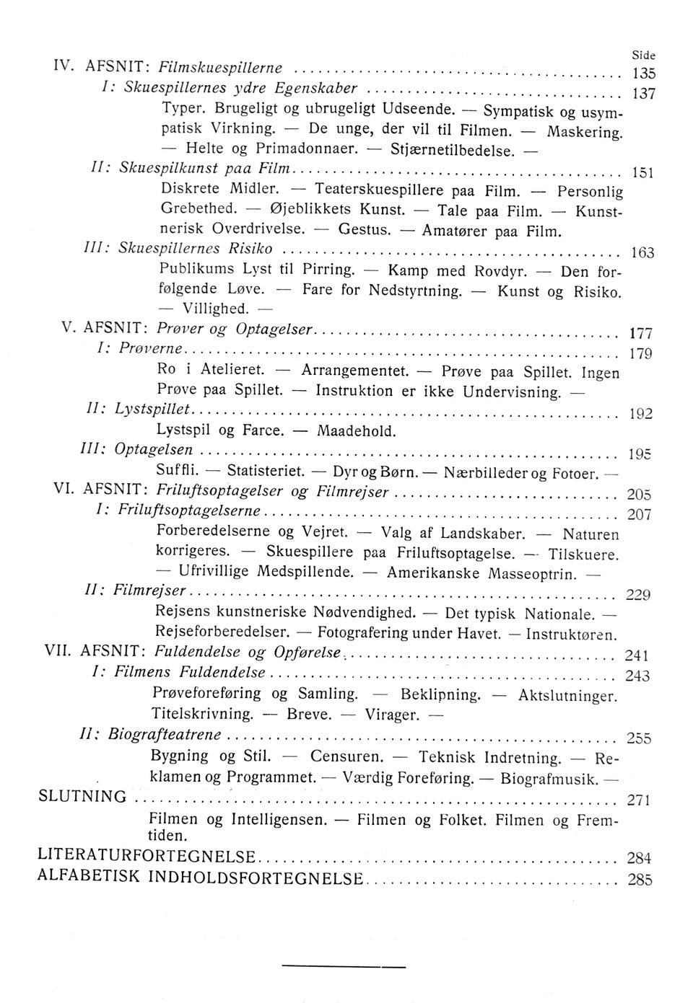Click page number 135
(x=642, y=72)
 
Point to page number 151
(x=642, y=172)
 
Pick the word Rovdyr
(x=500, y=272)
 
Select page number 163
(x=642, y=252)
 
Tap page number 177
(x=641, y=334)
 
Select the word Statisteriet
(x=264, y=473)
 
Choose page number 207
(x=640, y=515)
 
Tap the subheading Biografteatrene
(x=165, y=734)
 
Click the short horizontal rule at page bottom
(x=344, y=964)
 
